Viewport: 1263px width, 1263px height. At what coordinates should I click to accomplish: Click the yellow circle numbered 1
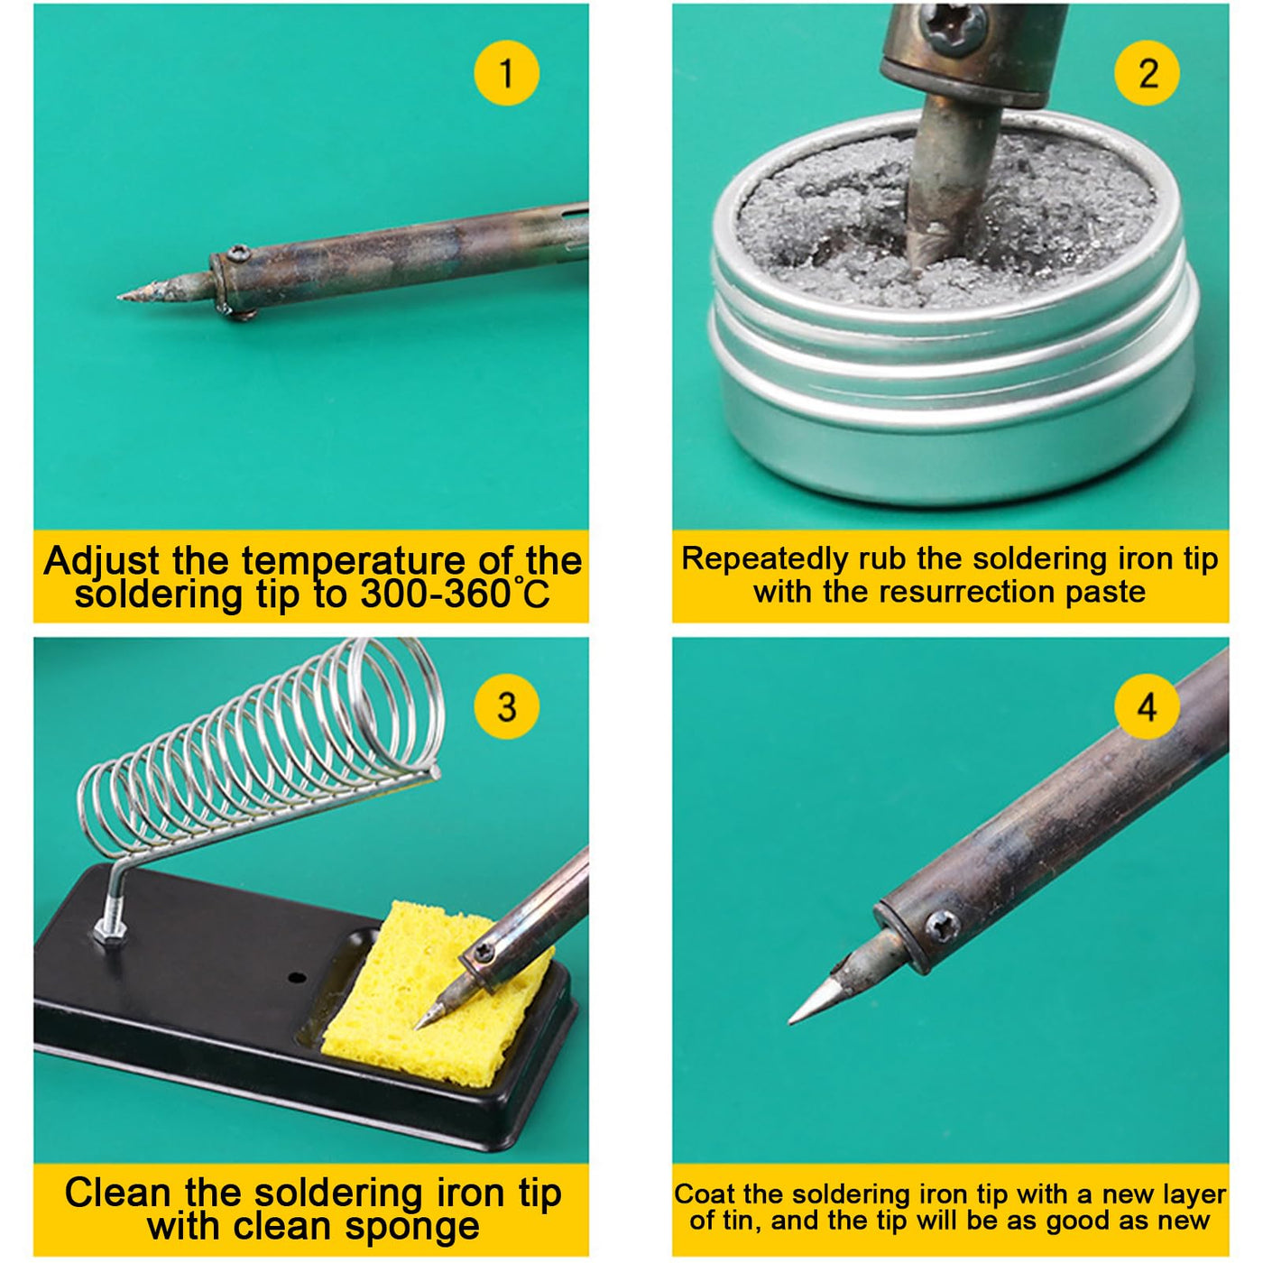coord(507,73)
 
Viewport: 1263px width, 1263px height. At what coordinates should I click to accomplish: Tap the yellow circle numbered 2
coord(1147,73)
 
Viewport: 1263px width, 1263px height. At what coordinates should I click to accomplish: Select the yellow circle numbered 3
coord(507,706)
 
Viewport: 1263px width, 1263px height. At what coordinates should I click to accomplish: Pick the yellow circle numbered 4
coord(1147,706)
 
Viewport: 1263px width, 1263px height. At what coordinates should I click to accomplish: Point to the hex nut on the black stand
coord(109,930)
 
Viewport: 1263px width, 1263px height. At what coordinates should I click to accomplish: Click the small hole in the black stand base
coord(297,979)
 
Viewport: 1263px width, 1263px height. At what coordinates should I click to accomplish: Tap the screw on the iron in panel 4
coord(943,927)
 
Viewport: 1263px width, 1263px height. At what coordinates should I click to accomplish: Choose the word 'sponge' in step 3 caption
coord(412,1226)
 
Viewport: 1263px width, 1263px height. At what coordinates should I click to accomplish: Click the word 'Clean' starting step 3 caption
coord(117,1192)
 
